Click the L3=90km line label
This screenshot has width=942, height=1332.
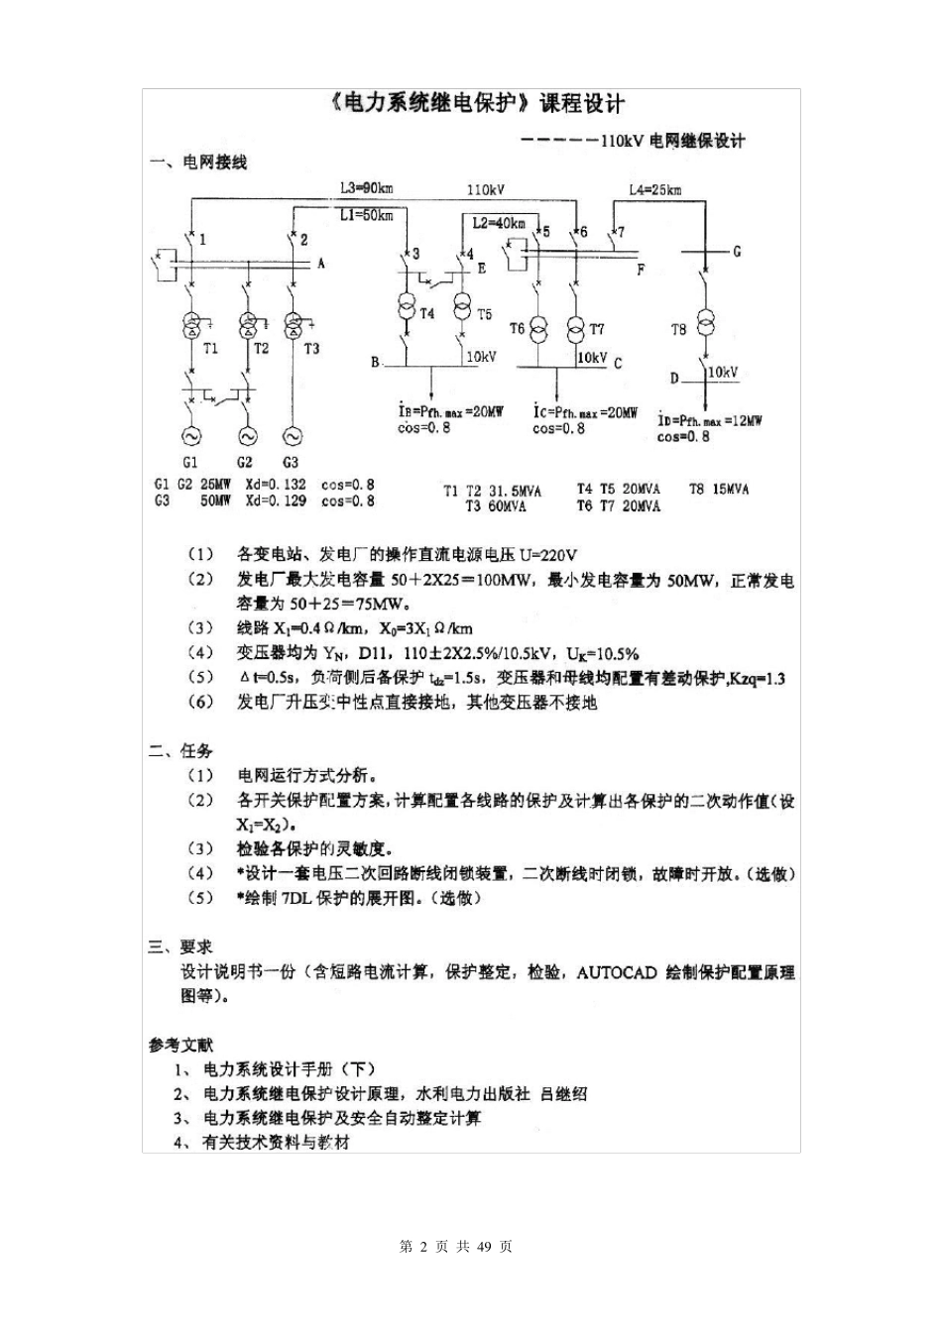tap(367, 188)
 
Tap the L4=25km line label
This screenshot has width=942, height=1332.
tap(654, 189)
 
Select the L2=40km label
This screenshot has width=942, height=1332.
tap(499, 224)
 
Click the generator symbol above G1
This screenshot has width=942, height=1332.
tap(190, 435)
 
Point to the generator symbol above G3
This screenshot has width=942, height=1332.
tap(292, 435)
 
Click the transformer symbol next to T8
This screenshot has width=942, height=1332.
tap(706, 324)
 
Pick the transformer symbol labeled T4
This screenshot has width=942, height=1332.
tap(407, 308)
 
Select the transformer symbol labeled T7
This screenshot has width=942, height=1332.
tap(576, 328)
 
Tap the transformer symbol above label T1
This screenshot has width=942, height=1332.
tap(190, 325)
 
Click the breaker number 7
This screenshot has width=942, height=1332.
tap(621, 233)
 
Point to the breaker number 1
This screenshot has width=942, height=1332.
tap(203, 239)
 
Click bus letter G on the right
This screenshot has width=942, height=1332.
tap(737, 252)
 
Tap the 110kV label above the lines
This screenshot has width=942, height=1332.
tap(485, 189)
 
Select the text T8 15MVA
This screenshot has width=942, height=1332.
tap(719, 489)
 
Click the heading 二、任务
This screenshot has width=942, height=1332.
tap(180, 750)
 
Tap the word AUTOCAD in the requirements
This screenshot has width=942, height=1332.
tap(616, 972)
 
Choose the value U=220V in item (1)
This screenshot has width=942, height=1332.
tap(548, 555)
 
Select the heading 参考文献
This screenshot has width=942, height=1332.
tap(180, 1045)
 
